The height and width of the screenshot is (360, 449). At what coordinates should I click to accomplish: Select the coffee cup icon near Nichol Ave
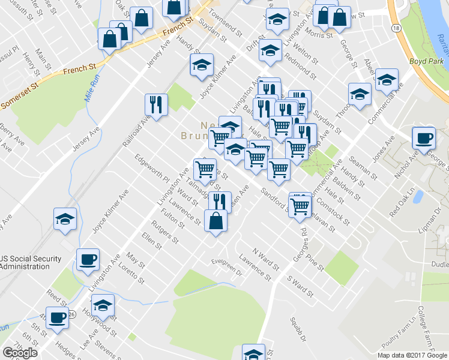point(424,137)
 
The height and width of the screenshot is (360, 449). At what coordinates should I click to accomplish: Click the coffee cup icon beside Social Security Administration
point(88,259)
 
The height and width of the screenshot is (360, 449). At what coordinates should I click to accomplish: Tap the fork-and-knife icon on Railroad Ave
point(155,104)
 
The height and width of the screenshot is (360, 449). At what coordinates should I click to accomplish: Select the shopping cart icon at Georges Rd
point(300,205)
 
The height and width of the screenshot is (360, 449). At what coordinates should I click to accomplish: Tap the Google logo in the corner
point(20,353)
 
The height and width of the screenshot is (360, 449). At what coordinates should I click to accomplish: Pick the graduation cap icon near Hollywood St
point(103,305)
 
